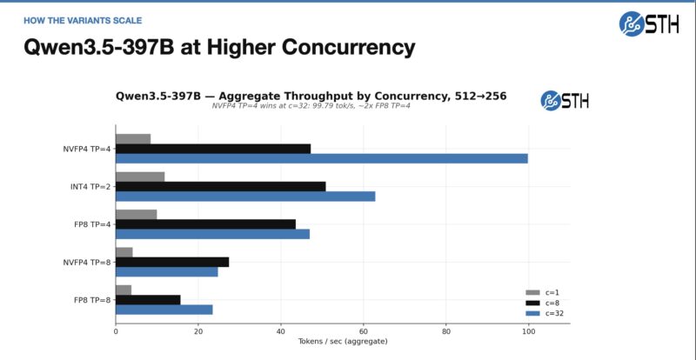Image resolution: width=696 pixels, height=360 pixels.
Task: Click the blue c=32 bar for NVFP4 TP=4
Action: point(321,158)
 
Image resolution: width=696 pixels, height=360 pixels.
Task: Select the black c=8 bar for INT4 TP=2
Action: point(220,186)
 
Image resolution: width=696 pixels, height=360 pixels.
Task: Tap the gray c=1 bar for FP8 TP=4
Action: point(136,214)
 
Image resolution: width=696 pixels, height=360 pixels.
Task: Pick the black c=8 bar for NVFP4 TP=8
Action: point(171,262)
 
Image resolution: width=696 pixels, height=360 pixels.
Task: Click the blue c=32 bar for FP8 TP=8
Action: point(164,310)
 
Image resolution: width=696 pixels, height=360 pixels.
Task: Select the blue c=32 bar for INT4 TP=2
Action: point(245,197)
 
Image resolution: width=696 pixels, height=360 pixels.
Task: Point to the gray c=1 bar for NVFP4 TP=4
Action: point(132,139)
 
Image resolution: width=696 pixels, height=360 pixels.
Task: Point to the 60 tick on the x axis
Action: point(363,331)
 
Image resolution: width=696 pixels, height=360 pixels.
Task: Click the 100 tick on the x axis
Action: point(528,331)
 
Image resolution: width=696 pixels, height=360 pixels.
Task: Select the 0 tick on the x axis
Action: point(116,331)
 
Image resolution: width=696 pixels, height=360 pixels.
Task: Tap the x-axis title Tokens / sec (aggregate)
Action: point(342,343)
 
